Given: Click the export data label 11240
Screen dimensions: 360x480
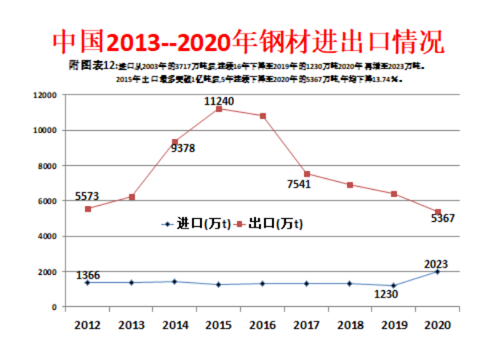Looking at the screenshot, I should pyautogui.click(x=218, y=101).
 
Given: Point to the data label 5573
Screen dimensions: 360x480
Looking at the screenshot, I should pyautogui.click(x=88, y=196).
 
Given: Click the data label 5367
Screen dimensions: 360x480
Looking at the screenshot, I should pyautogui.click(x=443, y=218).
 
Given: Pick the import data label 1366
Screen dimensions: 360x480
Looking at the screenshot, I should pyautogui.click(x=88, y=276).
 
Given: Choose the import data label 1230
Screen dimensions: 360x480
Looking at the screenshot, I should pyautogui.click(x=386, y=295).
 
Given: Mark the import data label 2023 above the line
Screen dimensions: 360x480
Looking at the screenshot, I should pyautogui.click(x=436, y=264).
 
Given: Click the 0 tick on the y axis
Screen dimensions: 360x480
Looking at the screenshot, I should pyautogui.click(x=53, y=307).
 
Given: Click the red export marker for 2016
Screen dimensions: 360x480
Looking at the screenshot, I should pyautogui.click(x=263, y=116).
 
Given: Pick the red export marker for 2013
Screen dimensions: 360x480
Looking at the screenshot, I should pyautogui.click(x=132, y=197).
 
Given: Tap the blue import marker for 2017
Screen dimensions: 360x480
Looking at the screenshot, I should pyautogui.click(x=306, y=284).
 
